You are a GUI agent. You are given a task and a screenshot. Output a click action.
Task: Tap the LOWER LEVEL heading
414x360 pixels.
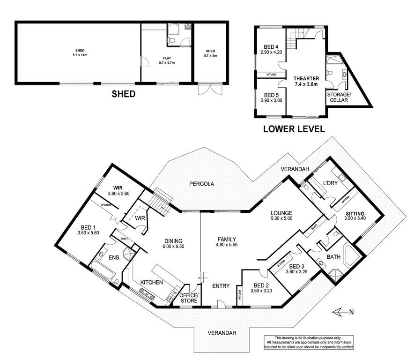click(294, 129)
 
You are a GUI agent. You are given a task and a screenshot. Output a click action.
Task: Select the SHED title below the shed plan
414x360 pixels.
click(123, 94)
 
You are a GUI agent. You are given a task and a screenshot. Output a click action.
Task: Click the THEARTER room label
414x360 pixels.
click(306, 78)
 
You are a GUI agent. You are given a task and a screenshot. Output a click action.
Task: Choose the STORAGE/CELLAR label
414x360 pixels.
click(339, 97)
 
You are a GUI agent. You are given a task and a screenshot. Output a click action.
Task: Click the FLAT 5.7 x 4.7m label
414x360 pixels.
click(167, 60)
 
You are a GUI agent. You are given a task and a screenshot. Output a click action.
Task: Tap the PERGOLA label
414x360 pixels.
click(201, 184)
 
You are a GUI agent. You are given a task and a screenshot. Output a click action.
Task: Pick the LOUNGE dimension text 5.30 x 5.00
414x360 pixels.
click(281, 218)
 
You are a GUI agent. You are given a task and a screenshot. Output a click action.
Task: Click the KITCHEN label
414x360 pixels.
click(152, 282)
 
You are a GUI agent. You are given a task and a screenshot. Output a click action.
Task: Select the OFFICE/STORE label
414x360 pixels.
click(189, 298)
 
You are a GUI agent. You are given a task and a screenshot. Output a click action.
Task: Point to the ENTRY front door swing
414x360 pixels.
click(222, 304)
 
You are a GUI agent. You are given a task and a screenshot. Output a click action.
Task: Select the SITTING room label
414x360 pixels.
click(355, 214)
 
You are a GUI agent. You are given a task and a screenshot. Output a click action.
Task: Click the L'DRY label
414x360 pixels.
click(330, 183)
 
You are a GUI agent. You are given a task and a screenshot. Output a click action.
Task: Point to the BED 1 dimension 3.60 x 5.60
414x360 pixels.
click(88, 232)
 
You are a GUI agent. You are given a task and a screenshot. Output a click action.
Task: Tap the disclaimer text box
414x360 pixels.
click(309, 343)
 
